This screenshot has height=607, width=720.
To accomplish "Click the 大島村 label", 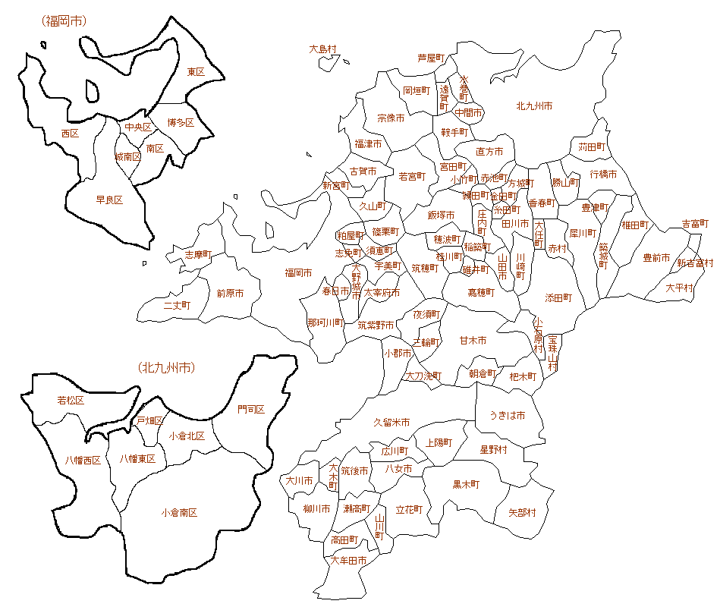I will [322, 49].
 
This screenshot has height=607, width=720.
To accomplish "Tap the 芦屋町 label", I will [431, 58].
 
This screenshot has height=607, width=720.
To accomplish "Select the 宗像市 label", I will [391, 118].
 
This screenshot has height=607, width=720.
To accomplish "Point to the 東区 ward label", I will [196, 71].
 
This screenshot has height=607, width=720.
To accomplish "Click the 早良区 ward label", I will [109, 200].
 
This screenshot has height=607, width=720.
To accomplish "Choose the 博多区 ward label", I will [181, 122].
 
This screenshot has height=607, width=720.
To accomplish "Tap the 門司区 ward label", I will [250, 410].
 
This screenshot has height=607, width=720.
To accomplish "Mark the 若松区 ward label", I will [71, 400].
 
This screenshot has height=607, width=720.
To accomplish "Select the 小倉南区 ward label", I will [179, 513].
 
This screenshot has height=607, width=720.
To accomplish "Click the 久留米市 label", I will [391, 423].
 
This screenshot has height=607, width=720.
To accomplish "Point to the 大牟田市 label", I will [349, 561].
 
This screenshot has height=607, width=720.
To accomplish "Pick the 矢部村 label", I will [522, 513].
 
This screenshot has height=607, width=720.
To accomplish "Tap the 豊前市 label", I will [656, 258].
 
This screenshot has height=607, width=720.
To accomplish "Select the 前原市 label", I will [230, 293].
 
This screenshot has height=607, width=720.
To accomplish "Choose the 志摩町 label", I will [199, 255].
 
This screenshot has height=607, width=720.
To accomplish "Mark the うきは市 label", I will [506, 415].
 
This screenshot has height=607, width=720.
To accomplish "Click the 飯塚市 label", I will [441, 215].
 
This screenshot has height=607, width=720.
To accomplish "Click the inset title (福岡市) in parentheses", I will [64, 21].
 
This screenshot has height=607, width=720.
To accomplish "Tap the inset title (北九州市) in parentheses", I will [167, 368].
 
